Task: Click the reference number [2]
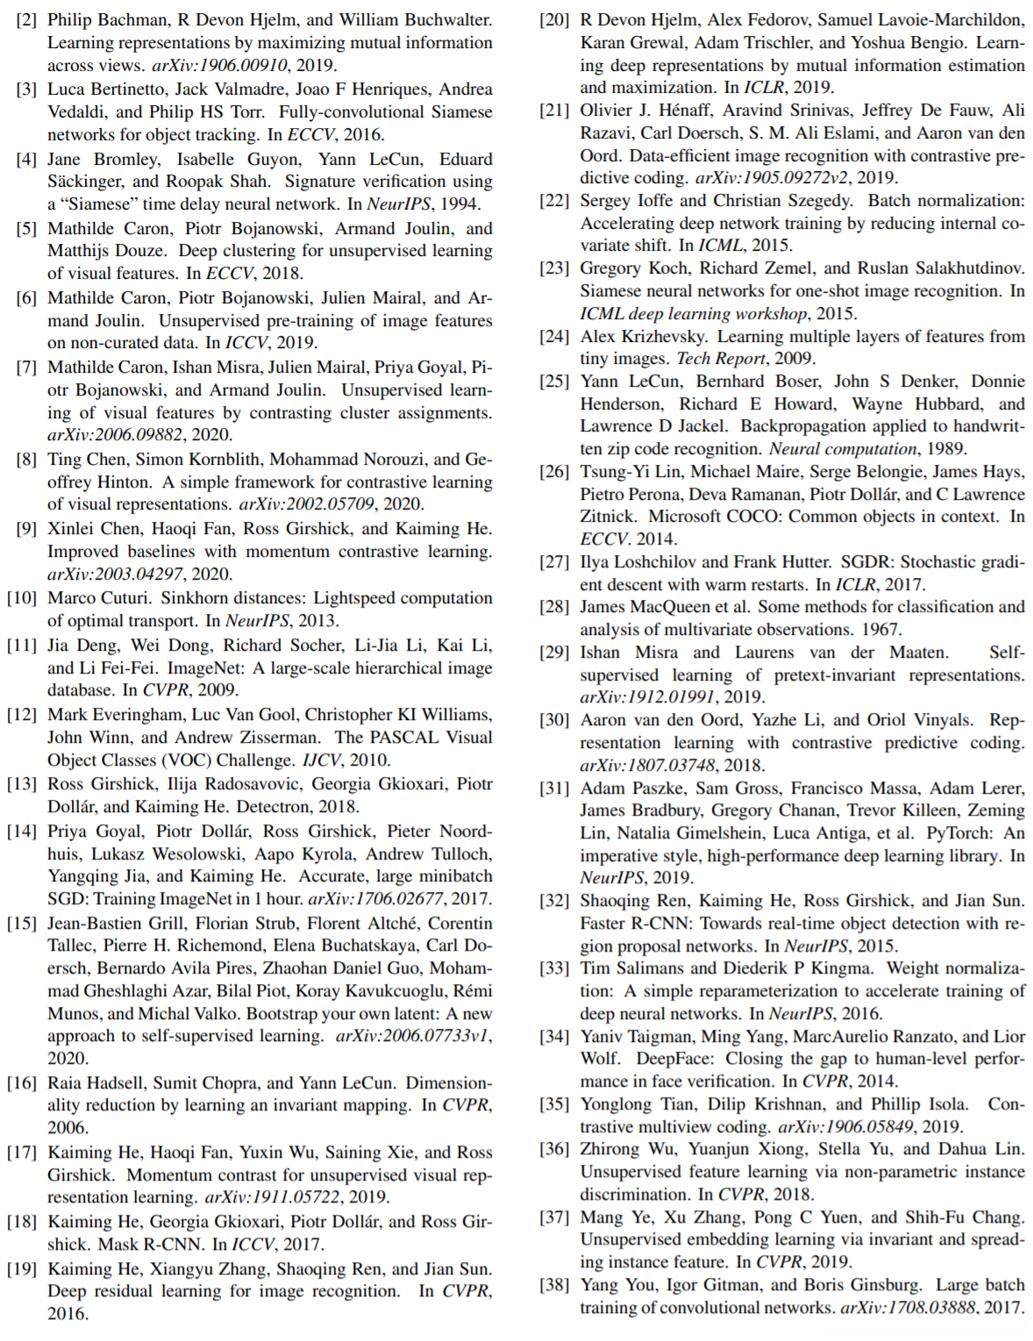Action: pos(26,19)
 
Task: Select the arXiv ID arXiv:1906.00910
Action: pos(220,65)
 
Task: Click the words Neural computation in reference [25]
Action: pos(843,448)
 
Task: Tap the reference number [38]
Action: pos(554,1285)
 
